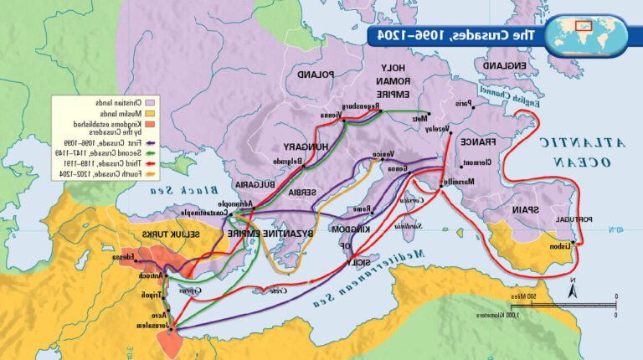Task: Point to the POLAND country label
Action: click(313, 75)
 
